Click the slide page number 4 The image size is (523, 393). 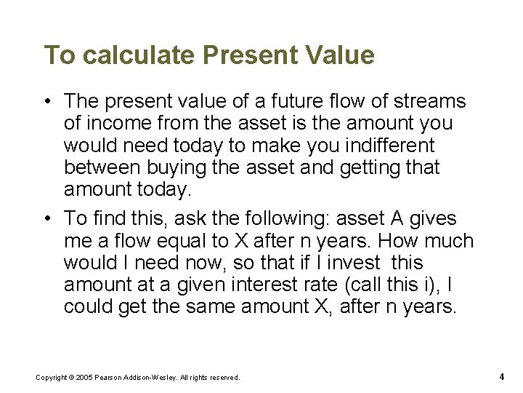tap(502, 376)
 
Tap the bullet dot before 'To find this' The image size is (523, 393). tap(47, 218)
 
